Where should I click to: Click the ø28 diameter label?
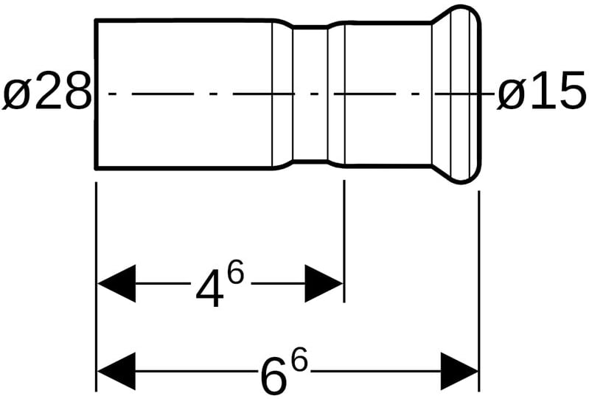pyautogui.click(x=46, y=94)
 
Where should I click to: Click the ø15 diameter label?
pyautogui.click(x=541, y=94)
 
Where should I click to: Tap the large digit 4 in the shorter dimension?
pyautogui.click(x=210, y=290)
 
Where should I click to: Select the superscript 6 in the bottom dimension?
pyautogui.click(x=298, y=361)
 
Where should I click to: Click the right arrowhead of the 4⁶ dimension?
pyautogui.click(x=324, y=283)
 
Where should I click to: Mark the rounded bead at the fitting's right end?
pyautogui.click(x=461, y=94)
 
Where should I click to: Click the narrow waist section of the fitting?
pyautogui.click(x=310, y=94)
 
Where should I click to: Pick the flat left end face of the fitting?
pyautogui.click(x=97, y=94)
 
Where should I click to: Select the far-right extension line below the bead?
pyautogui.click(x=479, y=288)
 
